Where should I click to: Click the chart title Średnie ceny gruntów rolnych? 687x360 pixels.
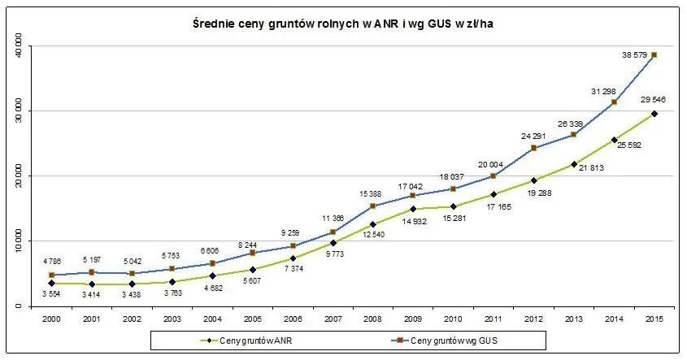343,24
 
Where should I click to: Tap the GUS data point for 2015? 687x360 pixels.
654,54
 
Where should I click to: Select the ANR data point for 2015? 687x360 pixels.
654,114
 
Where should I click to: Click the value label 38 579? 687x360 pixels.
634,55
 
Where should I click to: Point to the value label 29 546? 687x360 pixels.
653,99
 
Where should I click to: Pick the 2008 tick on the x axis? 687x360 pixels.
373,319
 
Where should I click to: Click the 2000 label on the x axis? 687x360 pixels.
51,319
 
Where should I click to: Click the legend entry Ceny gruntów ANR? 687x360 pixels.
246,340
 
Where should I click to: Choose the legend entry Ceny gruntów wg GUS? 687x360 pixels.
443,340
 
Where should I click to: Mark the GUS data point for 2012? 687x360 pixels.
533,148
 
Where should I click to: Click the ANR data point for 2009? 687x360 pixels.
413,209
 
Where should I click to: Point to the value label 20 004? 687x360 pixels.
490,165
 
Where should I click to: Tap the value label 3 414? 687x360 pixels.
91,295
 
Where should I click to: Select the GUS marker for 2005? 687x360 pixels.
252,253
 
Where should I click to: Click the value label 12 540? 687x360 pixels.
373,234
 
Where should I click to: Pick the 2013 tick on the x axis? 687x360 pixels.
574,319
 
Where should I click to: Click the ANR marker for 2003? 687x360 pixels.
172,282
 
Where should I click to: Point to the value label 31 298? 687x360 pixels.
603,92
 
